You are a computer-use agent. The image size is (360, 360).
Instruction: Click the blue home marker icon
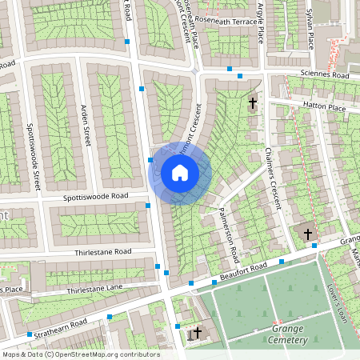coord(180,173)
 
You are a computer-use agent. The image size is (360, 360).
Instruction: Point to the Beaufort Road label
coord(242,274)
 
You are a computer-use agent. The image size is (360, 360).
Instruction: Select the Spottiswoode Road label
coord(98,196)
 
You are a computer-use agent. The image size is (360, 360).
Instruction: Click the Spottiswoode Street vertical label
coord(33,157)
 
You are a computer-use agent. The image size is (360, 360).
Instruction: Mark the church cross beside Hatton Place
coord(254,102)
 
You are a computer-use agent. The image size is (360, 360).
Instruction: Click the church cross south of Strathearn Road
coord(197,331)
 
